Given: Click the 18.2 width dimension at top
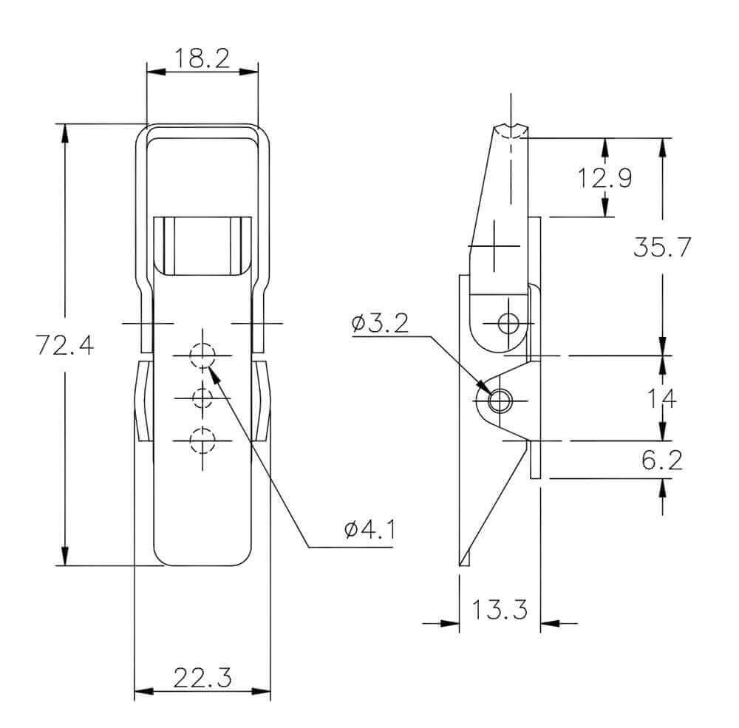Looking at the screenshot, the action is (x=202, y=58).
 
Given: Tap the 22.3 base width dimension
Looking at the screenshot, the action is (x=202, y=678).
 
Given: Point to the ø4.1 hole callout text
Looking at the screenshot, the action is (x=369, y=530).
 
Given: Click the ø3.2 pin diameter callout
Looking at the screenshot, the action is (x=380, y=324).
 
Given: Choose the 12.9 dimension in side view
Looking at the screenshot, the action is (x=605, y=178).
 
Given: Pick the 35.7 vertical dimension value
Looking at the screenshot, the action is (x=661, y=247).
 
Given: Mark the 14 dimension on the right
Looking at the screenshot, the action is (x=661, y=399).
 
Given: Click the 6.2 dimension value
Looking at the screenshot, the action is (x=661, y=460).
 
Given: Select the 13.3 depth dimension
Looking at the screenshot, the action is (x=499, y=609).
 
